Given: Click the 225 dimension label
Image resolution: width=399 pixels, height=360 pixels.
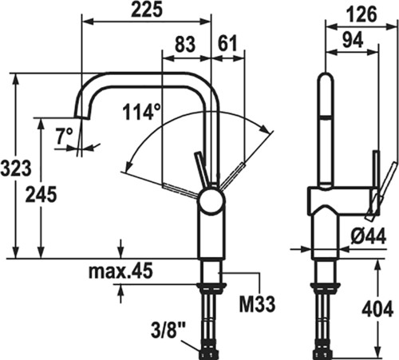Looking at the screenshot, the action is tap(147, 10).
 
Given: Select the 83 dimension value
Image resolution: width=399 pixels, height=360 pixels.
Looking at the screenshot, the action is tap(185, 44).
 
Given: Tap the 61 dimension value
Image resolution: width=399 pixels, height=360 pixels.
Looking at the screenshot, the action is tap(227, 44).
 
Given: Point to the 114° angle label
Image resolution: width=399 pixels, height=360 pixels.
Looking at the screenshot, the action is tap(142, 111).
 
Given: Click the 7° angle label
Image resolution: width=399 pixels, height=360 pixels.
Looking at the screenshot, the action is tap(64, 136).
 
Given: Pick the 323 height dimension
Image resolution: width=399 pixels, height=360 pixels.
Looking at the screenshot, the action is tap(16, 168).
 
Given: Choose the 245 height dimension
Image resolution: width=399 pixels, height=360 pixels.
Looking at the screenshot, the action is tap(41, 194).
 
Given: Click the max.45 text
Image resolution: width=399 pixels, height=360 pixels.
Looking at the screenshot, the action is tap(120, 271).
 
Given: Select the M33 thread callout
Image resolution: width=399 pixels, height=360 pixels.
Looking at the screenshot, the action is tap(257, 304).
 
